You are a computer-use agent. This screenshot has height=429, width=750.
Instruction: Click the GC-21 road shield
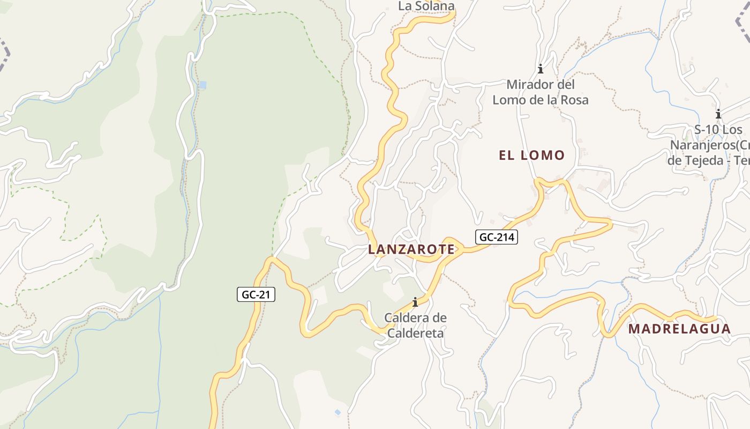pyautogui.click(x=256, y=294)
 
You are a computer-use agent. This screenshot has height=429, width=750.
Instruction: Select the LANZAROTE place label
pyautogui.click(x=411, y=249)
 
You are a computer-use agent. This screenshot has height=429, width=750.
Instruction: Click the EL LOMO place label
pyautogui.click(x=531, y=156)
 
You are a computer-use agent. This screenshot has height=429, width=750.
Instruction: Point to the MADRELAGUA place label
pyautogui.click(x=679, y=329)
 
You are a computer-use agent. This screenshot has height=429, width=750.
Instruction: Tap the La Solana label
pyautogui.click(x=426, y=6)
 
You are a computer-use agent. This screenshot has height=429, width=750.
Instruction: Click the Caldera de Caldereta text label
pyautogui.click(x=415, y=326)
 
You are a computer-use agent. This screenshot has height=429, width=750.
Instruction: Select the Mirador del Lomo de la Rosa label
pyautogui.click(x=541, y=92)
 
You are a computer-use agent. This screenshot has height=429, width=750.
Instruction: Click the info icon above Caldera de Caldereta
pyautogui.click(x=415, y=302)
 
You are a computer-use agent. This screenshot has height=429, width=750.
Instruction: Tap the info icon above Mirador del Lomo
pyautogui.click(x=541, y=69)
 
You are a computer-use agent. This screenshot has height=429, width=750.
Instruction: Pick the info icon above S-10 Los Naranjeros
pyautogui.click(x=718, y=114)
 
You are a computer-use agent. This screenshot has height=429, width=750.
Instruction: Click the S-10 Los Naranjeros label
pyautogui.click(x=712, y=145)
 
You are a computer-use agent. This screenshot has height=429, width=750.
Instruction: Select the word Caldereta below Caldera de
pyautogui.click(x=415, y=333)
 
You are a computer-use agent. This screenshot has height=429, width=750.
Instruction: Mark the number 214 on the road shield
pyautogui.click(x=506, y=237)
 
